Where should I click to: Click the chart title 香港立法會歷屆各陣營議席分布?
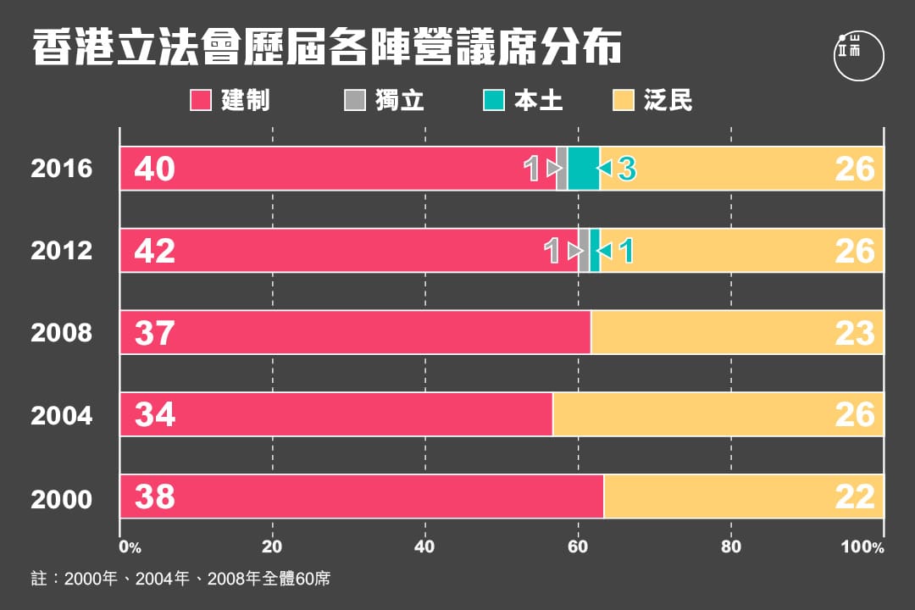327,48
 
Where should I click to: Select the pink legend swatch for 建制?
200,100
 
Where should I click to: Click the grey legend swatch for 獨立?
353,100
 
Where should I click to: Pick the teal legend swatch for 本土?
492,100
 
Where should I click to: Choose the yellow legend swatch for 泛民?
623,100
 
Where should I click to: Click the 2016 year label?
61,169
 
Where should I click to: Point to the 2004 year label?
61,415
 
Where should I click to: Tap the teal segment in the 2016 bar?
584,168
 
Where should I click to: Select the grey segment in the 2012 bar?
584,250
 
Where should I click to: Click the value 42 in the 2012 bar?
154,251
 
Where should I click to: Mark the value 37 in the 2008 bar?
154,333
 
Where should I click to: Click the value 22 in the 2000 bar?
854,497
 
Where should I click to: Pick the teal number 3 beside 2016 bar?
626,169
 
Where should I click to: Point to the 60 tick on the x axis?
578,547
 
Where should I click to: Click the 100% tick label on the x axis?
862,547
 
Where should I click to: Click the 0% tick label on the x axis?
130,547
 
